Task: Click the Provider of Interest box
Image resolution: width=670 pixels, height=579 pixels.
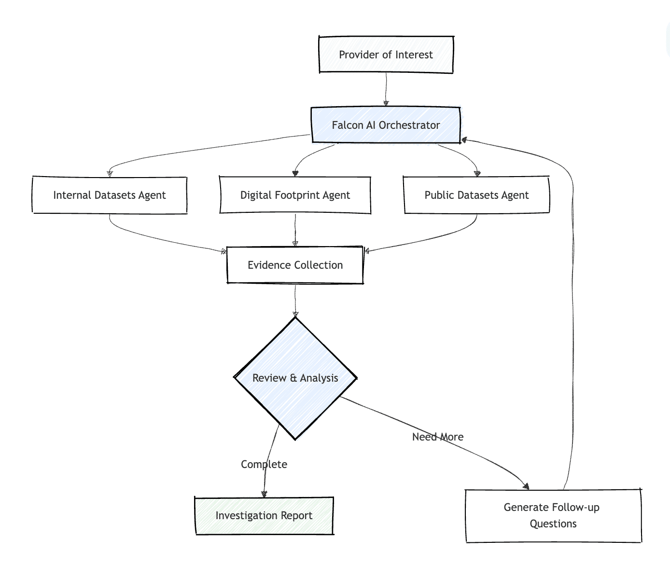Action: [386, 55]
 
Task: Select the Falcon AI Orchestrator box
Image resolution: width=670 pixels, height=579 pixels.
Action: [386, 125]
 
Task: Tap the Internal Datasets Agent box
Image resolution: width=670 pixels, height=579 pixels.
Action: [110, 195]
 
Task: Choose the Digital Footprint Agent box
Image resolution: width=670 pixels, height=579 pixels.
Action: [295, 195]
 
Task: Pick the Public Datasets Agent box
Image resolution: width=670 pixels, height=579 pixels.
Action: [476, 195]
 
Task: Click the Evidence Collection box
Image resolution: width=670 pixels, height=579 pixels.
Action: [295, 265]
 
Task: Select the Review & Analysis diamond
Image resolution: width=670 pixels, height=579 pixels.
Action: [295, 378]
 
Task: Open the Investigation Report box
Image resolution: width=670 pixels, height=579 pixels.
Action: [264, 515]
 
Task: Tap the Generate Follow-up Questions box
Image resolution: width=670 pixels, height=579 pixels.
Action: [553, 515]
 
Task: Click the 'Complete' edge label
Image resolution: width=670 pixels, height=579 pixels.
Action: [264, 464]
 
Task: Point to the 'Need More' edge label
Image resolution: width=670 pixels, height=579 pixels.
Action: [438, 437]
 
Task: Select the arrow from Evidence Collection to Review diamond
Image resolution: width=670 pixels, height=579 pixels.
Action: [295, 300]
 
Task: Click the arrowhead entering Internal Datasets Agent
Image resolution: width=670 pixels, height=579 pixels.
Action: [110, 174]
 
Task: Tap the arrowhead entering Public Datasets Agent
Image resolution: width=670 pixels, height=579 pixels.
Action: [477, 174]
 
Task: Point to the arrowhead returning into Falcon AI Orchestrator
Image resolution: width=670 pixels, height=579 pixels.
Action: [464, 140]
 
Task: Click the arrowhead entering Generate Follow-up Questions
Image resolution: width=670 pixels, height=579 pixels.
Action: [526, 486]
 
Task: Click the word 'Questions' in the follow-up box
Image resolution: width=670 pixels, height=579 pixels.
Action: [553, 524]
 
